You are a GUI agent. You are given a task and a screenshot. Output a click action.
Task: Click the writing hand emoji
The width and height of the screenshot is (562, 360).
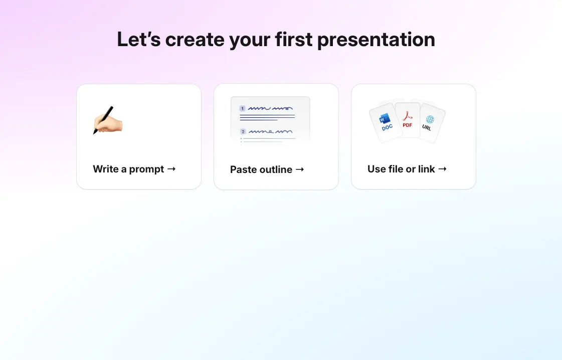click(107, 120)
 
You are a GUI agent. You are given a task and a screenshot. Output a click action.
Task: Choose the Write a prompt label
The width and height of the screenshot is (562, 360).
click(128, 169)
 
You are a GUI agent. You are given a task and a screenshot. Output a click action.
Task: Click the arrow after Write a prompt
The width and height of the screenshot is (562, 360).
click(171, 169)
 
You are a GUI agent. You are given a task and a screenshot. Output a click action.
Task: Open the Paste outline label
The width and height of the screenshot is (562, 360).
click(261, 169)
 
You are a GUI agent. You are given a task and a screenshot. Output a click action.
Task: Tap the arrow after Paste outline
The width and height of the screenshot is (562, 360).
click(300, 169)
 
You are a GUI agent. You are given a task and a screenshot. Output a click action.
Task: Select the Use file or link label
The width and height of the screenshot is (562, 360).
click(401, 169)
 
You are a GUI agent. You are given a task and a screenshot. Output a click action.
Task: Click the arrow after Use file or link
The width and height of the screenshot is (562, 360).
click(442, 169)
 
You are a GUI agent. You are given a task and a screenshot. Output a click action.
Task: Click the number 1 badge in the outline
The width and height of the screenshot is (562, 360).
click(243, 108)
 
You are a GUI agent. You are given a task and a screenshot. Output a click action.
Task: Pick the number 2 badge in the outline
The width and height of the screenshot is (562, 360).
click(243, 131)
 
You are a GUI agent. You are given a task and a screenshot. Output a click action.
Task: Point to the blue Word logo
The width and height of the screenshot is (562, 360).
click(385, 119)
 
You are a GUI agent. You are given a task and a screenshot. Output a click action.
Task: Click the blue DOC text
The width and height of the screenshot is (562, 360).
click(387, 128)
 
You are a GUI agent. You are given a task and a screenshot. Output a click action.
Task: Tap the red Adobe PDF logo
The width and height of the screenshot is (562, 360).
click(407, 116)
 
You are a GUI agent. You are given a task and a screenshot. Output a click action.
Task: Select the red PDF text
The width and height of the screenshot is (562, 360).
click(407, 125)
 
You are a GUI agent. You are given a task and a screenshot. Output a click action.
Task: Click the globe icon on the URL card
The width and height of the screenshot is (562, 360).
click(430, 119)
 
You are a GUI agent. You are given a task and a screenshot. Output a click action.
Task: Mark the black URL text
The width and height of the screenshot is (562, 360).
click(427, 128)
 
